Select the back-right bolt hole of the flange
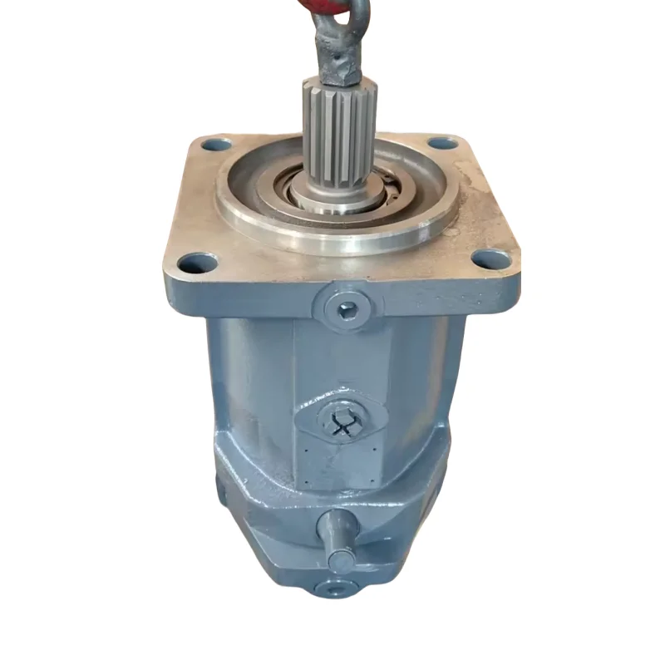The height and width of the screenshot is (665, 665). coord(443,142)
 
